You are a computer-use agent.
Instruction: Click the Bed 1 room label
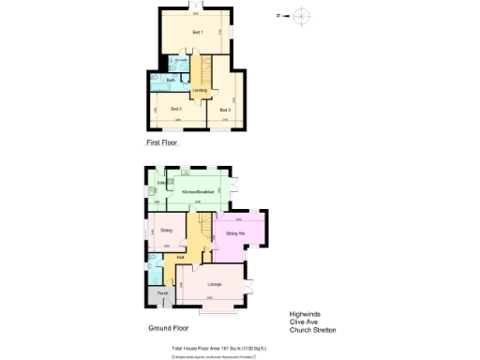[x=198, y=33]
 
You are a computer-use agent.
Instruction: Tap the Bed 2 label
[x=175, y=110]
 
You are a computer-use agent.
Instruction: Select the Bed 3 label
[x=225, y=110]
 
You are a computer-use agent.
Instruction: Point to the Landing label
[x=200, y=90]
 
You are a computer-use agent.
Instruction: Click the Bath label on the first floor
[x=170, y=81]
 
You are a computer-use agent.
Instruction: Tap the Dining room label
[x=166, y=230]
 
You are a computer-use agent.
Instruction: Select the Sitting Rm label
[x=235, y=232]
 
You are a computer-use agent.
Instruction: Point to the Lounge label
[x=214, y=283]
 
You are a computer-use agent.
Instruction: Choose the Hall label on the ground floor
[x=180, y=257]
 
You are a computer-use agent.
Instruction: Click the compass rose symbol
[x=301, y=16]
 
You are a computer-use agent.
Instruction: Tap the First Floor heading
[x=161, y=143]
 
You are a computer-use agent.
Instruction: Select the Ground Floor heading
[x=169, y=329]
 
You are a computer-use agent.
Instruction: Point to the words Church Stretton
[x=312, y=331]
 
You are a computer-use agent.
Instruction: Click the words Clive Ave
[x=303, y=323]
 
